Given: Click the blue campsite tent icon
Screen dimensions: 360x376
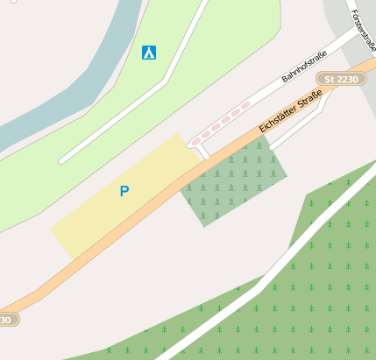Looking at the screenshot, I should coord(149,53).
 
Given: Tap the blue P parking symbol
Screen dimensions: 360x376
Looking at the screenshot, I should coord(124,191).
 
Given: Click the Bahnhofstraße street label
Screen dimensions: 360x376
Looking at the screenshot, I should coord(304,67).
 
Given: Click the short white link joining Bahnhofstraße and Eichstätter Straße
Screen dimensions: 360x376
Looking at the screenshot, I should coord(202,152).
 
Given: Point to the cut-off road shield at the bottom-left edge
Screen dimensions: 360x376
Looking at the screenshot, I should coord(7,320).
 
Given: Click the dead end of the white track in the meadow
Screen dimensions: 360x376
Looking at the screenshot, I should coord(61,161).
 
